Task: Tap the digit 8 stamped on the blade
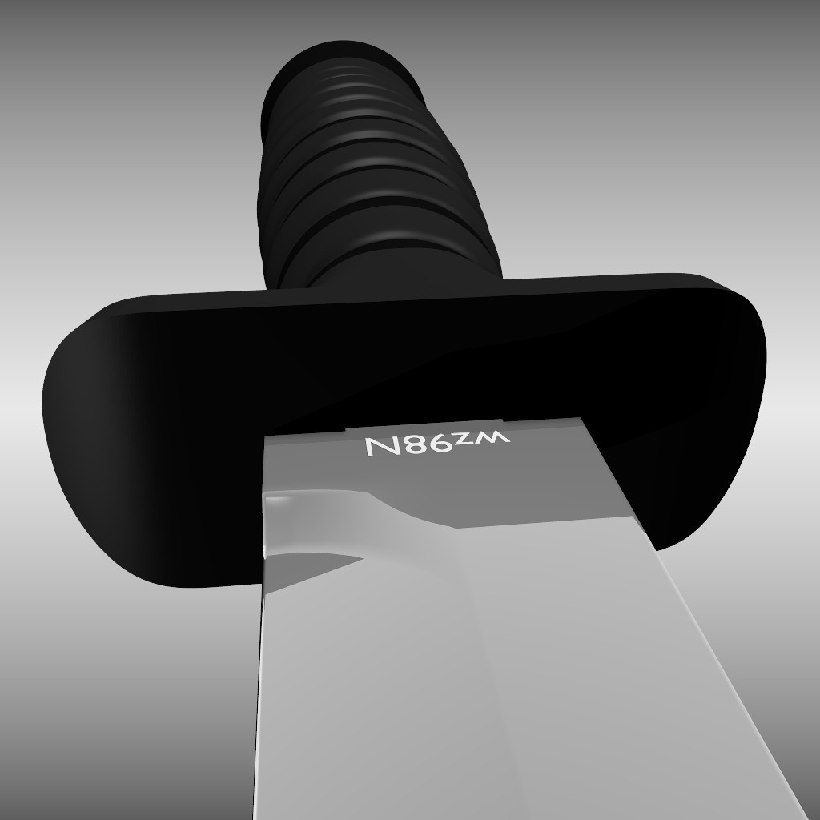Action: coord(412,446)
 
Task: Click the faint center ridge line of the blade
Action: coord(480,681)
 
